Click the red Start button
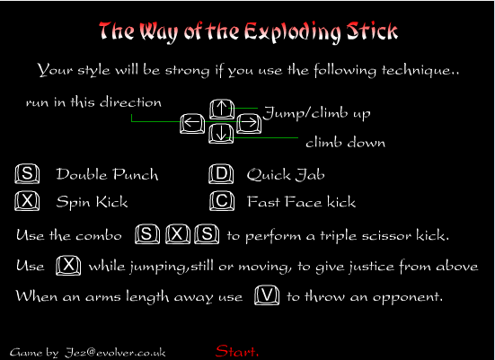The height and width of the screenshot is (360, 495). [237, 351]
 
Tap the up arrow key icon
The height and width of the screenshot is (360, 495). [222, 109]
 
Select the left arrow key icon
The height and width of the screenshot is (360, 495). [192, 123]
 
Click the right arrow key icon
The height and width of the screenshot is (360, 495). [249, 123]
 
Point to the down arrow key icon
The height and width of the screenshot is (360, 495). [221, 133]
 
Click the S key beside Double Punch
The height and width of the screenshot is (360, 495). [27, 174]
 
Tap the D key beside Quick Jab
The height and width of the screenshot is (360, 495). [221, 174]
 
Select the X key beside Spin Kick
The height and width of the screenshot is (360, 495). [27, 201]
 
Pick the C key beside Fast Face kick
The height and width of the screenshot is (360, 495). [222, 201]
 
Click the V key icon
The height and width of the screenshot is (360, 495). [267, 295]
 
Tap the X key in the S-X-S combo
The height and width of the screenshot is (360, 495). [178, 234]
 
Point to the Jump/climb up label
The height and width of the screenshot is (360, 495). [316, 113]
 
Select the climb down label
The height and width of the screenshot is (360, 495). [346, 143]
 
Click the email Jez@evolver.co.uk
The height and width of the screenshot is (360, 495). [115, 352]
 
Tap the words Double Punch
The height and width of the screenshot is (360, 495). [107, 174]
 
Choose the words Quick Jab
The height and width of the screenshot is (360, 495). [286, 175]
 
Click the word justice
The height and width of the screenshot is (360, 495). [372, 268]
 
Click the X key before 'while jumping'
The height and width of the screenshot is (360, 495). [68, 266]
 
